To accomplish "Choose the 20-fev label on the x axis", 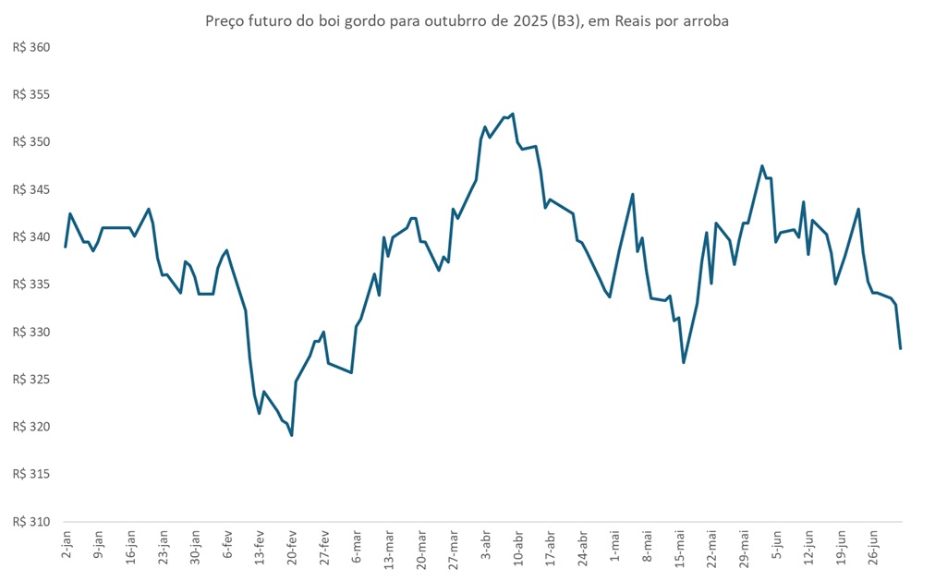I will pos(291,545).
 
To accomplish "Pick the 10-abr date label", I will pos(517,545).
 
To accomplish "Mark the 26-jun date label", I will pos(873,545).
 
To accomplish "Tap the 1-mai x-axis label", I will pos(614,544).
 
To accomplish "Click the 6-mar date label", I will pos(356,544).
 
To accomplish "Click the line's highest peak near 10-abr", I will pos(513,114).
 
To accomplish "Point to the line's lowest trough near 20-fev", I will pos(292,435).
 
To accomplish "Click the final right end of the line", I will pos(900,348).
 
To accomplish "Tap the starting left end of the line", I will pos(65,247).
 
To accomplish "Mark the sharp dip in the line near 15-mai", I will pos(684,362).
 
